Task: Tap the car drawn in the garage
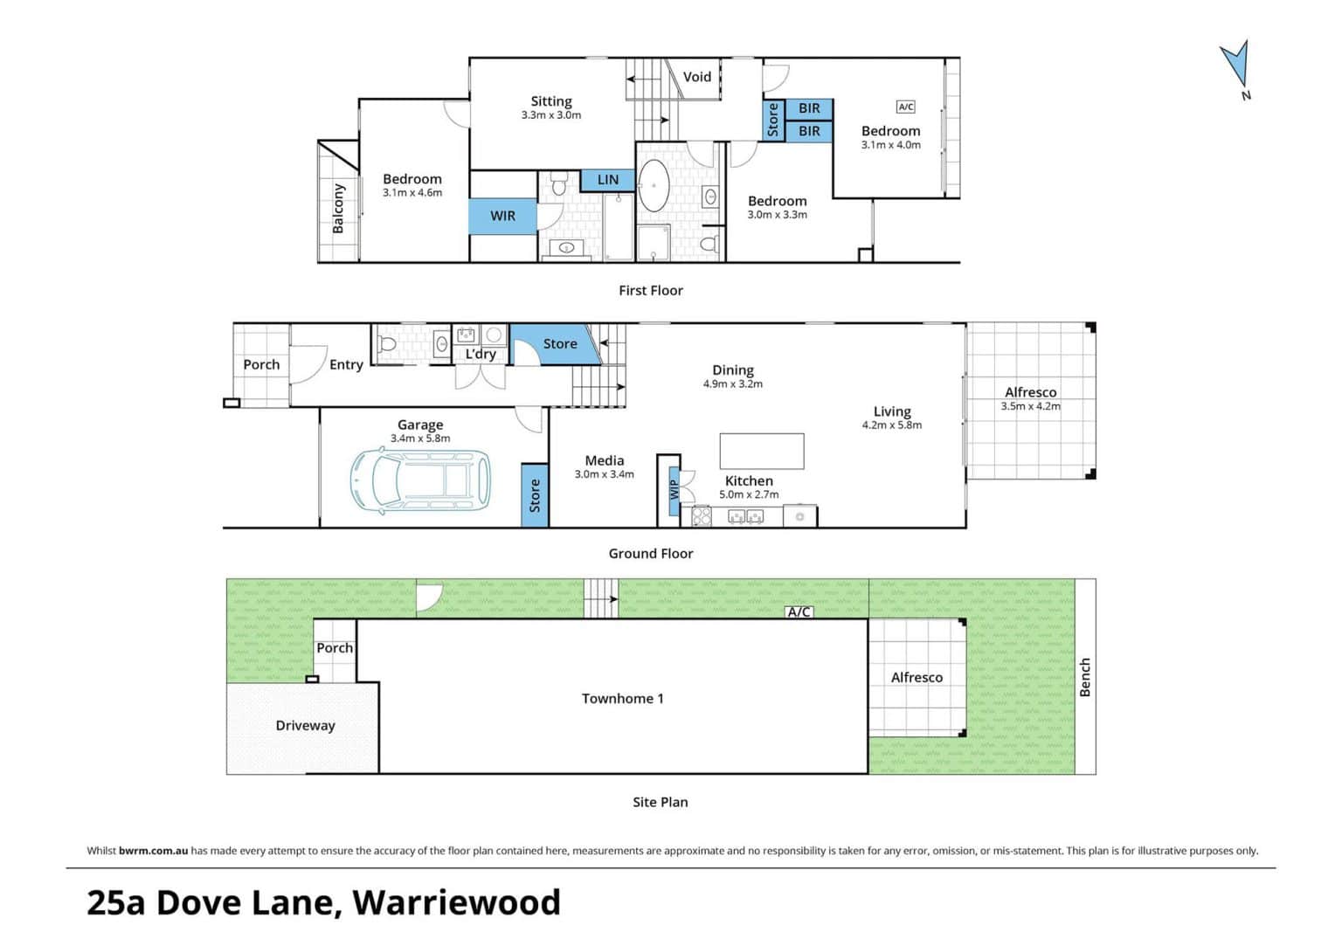point(420,481)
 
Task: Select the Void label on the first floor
point(696,77)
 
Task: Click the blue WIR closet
point(502,216)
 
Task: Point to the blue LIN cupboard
point(607,180)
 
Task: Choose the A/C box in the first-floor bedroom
point(905,107)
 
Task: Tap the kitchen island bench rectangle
point(762,452)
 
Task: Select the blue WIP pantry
point(674,490)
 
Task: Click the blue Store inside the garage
point(535,496)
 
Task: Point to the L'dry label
point(481,354)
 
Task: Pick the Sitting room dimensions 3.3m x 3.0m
point(550,115)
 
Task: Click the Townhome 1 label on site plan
point(622,698)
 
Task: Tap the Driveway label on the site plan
point(305,726)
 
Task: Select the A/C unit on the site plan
point(799,612)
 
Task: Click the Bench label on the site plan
point(1085,677)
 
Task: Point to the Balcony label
point(338,209)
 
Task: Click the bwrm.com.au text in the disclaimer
point(154,851)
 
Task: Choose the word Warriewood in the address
point(457,902)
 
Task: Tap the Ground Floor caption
point(651,553)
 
